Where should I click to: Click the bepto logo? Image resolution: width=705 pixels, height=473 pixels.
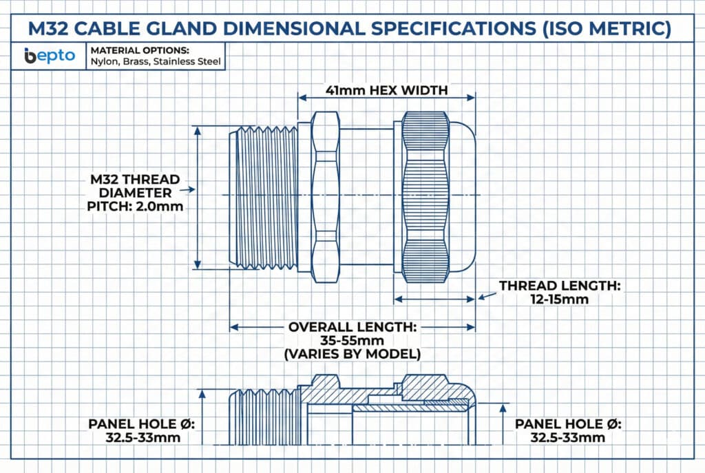pyautogui.click(x=50, y=56)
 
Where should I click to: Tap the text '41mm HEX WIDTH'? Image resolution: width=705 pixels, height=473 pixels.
pyautogui.click(x=387, y=90)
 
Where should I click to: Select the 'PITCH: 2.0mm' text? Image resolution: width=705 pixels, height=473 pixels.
pyautogui.click(x=135, y=207)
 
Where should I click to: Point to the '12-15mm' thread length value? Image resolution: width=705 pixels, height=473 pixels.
pyautogui.click(x=559, y=299)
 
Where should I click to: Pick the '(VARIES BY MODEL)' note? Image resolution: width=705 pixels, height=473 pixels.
pyautogui.click(x=352, y=355)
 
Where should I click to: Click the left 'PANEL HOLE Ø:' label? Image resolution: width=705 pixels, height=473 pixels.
pyautogui.click(x=141, y=424)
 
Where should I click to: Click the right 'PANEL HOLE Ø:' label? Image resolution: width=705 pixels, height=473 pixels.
pyautogui.click(x=568, y=424)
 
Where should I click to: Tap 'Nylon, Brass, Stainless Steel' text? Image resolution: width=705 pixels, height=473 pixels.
pyautogui.click(x=156, y=61)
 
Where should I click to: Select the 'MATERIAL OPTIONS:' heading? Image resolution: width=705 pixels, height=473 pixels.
pyautogui.click(x=140, y=50)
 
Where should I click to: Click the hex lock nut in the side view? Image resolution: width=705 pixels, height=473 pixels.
pyautogui.click(x=326, y=197)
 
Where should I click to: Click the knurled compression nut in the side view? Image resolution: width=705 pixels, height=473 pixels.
pyautogui.click(x=425, y=197)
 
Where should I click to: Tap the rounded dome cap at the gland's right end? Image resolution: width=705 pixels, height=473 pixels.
pyautogui.click(x=463, y=197)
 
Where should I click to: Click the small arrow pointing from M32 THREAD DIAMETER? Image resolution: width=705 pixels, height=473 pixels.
pyautogui.click(x=187, y=190)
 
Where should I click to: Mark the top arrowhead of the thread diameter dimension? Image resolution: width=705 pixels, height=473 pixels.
pyautogui.click(x=198, y=130)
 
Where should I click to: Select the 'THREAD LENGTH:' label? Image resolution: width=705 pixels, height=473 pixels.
pyautogui.click(x=560, y=286)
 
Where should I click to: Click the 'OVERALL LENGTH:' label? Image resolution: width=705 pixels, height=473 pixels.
pyautogui.click(x=352, y=327)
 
